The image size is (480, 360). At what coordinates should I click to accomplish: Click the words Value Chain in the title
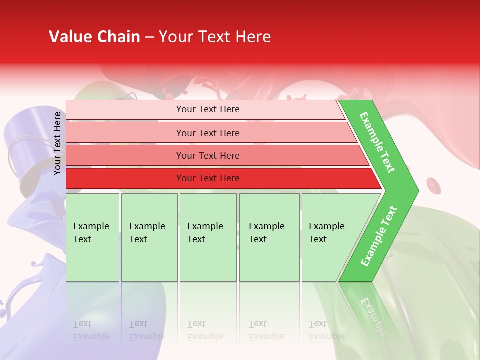point(94,37)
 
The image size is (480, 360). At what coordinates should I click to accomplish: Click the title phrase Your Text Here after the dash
point(215,37)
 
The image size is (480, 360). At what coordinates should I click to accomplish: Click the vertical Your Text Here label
point(57,143)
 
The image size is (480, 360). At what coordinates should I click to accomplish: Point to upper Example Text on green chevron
point(377,142)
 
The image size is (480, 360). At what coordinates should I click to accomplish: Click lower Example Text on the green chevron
point(378,236)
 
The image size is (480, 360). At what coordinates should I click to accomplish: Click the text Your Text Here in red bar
point(208,178)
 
